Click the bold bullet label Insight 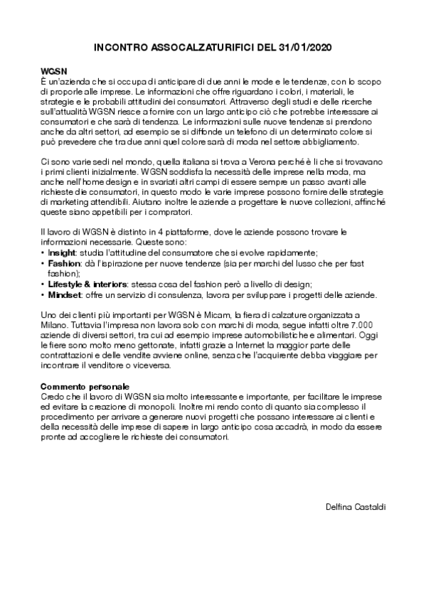click(63, 252)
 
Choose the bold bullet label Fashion click(64, 263)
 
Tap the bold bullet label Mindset click(64, 294)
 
